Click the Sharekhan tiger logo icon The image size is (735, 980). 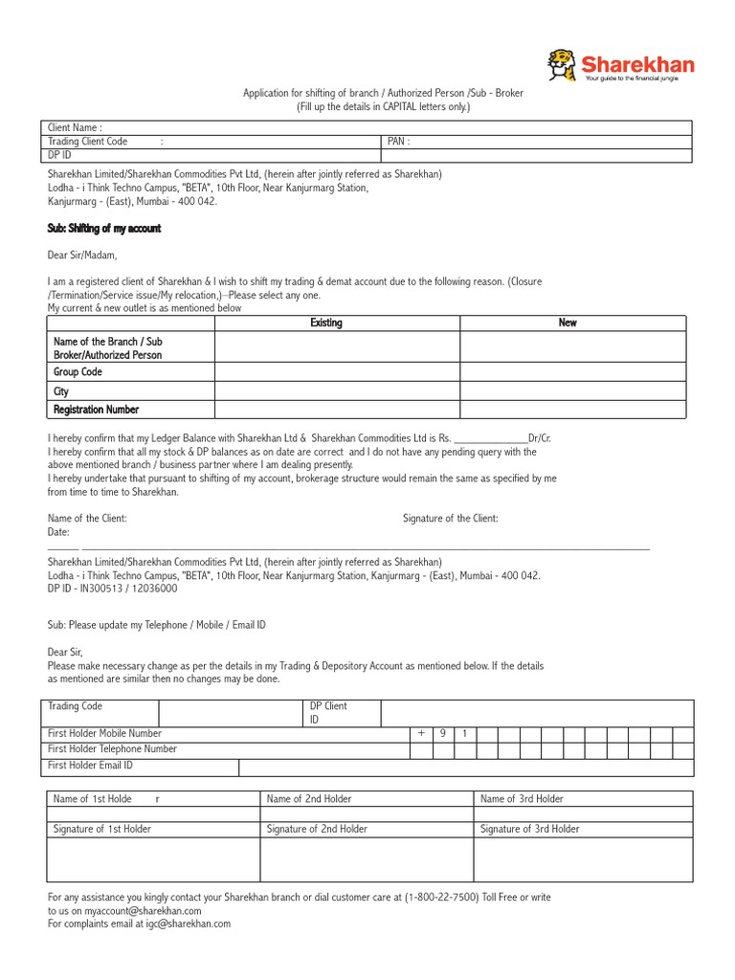[x=563, y=65]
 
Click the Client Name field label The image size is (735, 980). [x=76, y=127]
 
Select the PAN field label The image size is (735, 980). [x=398, y=142]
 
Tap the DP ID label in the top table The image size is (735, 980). [x=60, y=155]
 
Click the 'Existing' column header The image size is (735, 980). [x=326, y=323]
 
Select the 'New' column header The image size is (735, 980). [x=568, y=323]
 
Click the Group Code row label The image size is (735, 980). [x=78, y=372]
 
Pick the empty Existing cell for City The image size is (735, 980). [x=337, y=391]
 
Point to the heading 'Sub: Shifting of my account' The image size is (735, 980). [x=104, y=229]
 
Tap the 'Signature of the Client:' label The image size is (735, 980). [x=450, y=519]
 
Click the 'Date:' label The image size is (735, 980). [x=59, y=531]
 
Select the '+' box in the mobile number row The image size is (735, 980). [x=420, y=734]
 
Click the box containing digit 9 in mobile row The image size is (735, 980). [x=443, y=734]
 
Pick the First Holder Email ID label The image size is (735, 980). [x=90, y=766]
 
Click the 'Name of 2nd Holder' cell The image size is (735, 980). [x=309, y=799]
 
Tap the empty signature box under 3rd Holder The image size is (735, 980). [x=583, y=859]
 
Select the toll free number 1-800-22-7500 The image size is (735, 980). [x=442, y=898]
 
